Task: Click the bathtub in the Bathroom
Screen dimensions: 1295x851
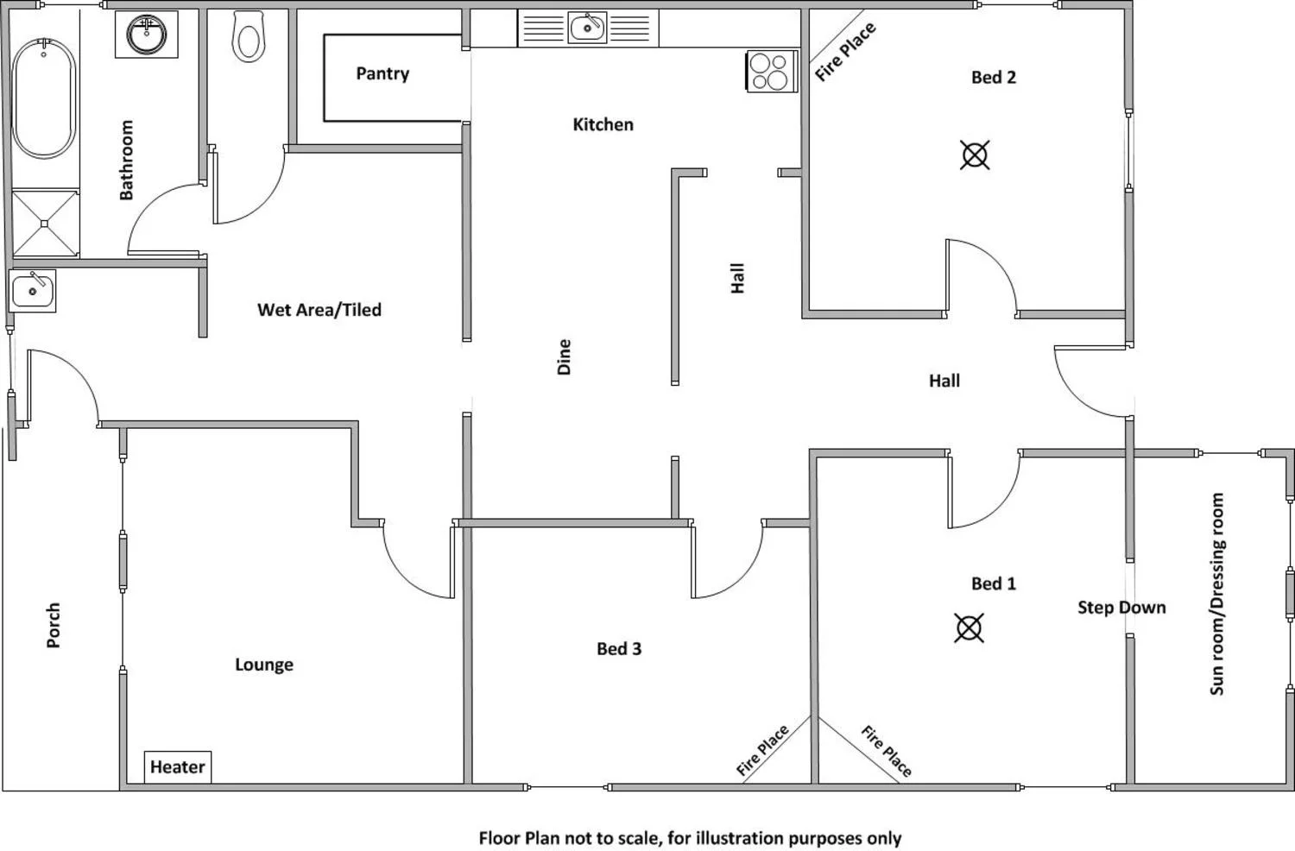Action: (44, 98)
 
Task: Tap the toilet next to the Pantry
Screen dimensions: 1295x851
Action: (249, 37)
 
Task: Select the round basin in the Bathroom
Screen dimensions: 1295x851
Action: (147, 35)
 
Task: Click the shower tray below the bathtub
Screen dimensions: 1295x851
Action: (45, 224)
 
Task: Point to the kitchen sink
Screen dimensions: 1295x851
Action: (588, 27)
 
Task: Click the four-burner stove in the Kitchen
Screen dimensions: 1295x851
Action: (770, 72)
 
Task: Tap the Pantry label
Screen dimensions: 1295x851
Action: (382, 74)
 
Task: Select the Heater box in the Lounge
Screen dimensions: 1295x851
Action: (177, 766)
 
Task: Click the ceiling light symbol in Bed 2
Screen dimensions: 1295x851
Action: (975, 155)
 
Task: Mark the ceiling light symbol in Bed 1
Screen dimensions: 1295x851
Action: (969, 627)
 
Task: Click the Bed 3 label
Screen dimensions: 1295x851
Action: (619, 649)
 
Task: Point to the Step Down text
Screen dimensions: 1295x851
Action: (1121, 608)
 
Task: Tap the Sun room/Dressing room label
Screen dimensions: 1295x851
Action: (1216, 594)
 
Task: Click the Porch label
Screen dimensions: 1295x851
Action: (54, 625)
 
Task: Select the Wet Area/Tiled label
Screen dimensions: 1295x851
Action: (319, 310)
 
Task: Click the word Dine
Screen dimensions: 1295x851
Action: (565, 356)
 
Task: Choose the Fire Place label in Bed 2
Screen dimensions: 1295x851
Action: (845, 52)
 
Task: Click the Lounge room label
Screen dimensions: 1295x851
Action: (264, 665)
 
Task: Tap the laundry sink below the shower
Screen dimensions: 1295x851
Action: (33, 290)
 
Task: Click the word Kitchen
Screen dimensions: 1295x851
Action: (603, 124)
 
